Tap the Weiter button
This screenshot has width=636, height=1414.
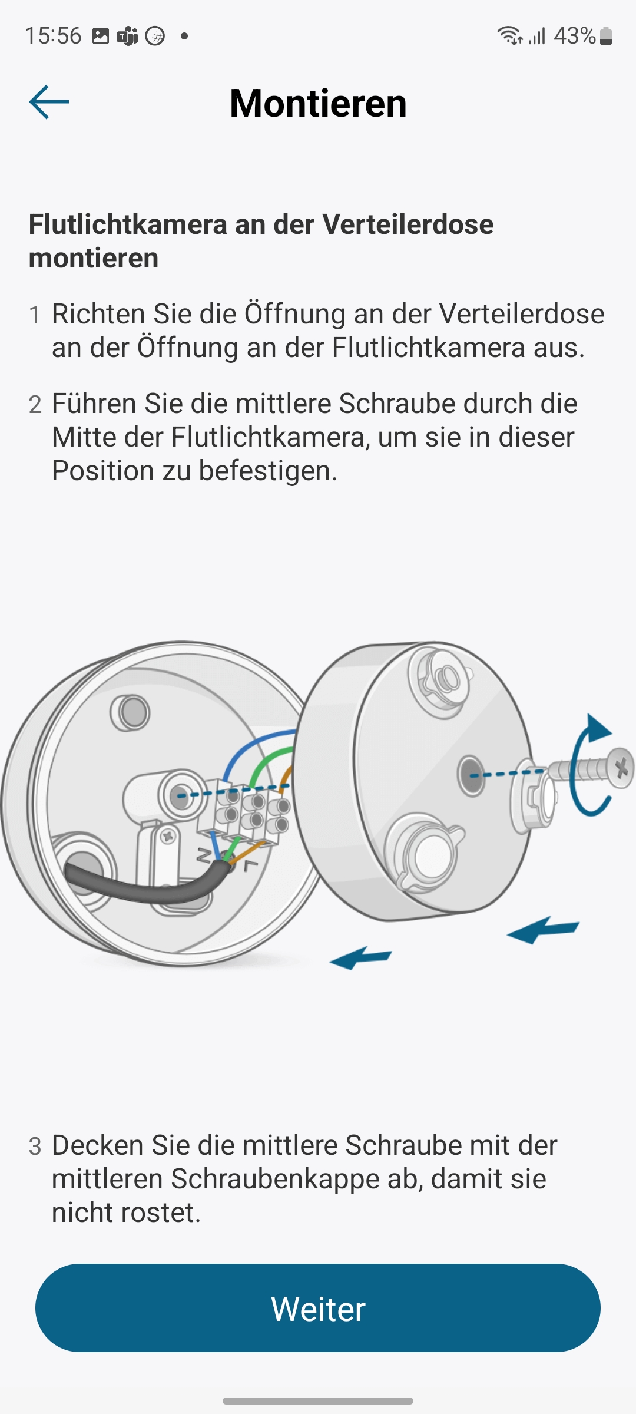(x=318, y=1309)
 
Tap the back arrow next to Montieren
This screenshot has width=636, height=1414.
(x=49, y=102)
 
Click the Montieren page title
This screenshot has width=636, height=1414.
(x=318, y=103)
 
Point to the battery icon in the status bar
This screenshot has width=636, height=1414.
(x=606, y=36)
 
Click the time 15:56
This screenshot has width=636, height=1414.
(x=53, y=36)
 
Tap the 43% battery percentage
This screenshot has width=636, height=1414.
(x=575, y=36)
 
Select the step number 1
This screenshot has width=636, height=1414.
(x=35, y=315)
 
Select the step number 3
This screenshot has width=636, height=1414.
(x=35, y=1147)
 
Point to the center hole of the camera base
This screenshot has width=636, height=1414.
(x=471, y=775)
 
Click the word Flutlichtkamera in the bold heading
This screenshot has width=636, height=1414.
(x=128, y=224)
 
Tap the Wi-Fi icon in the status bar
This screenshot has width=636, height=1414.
(x=509, y=36)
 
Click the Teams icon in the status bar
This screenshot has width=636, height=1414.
(x=128, y=36)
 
